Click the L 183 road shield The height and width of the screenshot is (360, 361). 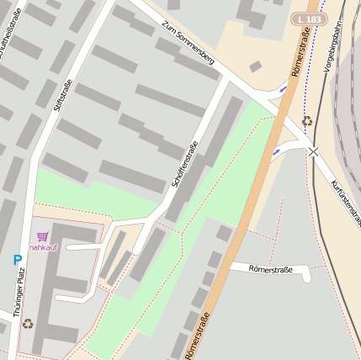pos(308,19)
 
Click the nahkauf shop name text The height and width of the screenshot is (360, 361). pos(43,247)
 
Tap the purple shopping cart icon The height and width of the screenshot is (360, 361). pos(43,236)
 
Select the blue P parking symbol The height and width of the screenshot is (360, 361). pos(17,261)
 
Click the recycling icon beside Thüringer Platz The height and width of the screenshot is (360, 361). pos(28,323)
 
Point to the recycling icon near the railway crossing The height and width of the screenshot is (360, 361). pos(307,121)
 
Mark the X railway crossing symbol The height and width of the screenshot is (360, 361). pos(313,151)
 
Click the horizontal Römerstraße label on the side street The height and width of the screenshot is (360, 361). pos(271,269)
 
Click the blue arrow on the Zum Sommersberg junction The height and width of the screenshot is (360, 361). pos(283,87)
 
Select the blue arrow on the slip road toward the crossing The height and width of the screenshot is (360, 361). pos(276,151)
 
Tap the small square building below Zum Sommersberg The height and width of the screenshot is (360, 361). pos(255,66)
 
